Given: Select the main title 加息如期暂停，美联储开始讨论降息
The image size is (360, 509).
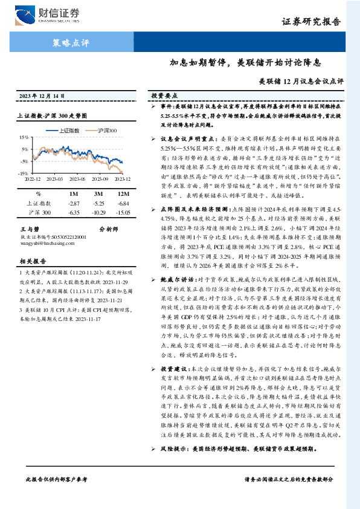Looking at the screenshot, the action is click(x=245, y=63).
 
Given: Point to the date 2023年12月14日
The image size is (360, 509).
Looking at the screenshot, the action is click(x=42, y=96).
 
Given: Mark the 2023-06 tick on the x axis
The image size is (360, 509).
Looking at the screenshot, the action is click(x=77, y=178).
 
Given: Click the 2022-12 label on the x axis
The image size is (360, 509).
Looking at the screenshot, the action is click(x=34, y=178).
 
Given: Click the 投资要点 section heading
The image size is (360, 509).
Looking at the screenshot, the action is click(x=163, y=96).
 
